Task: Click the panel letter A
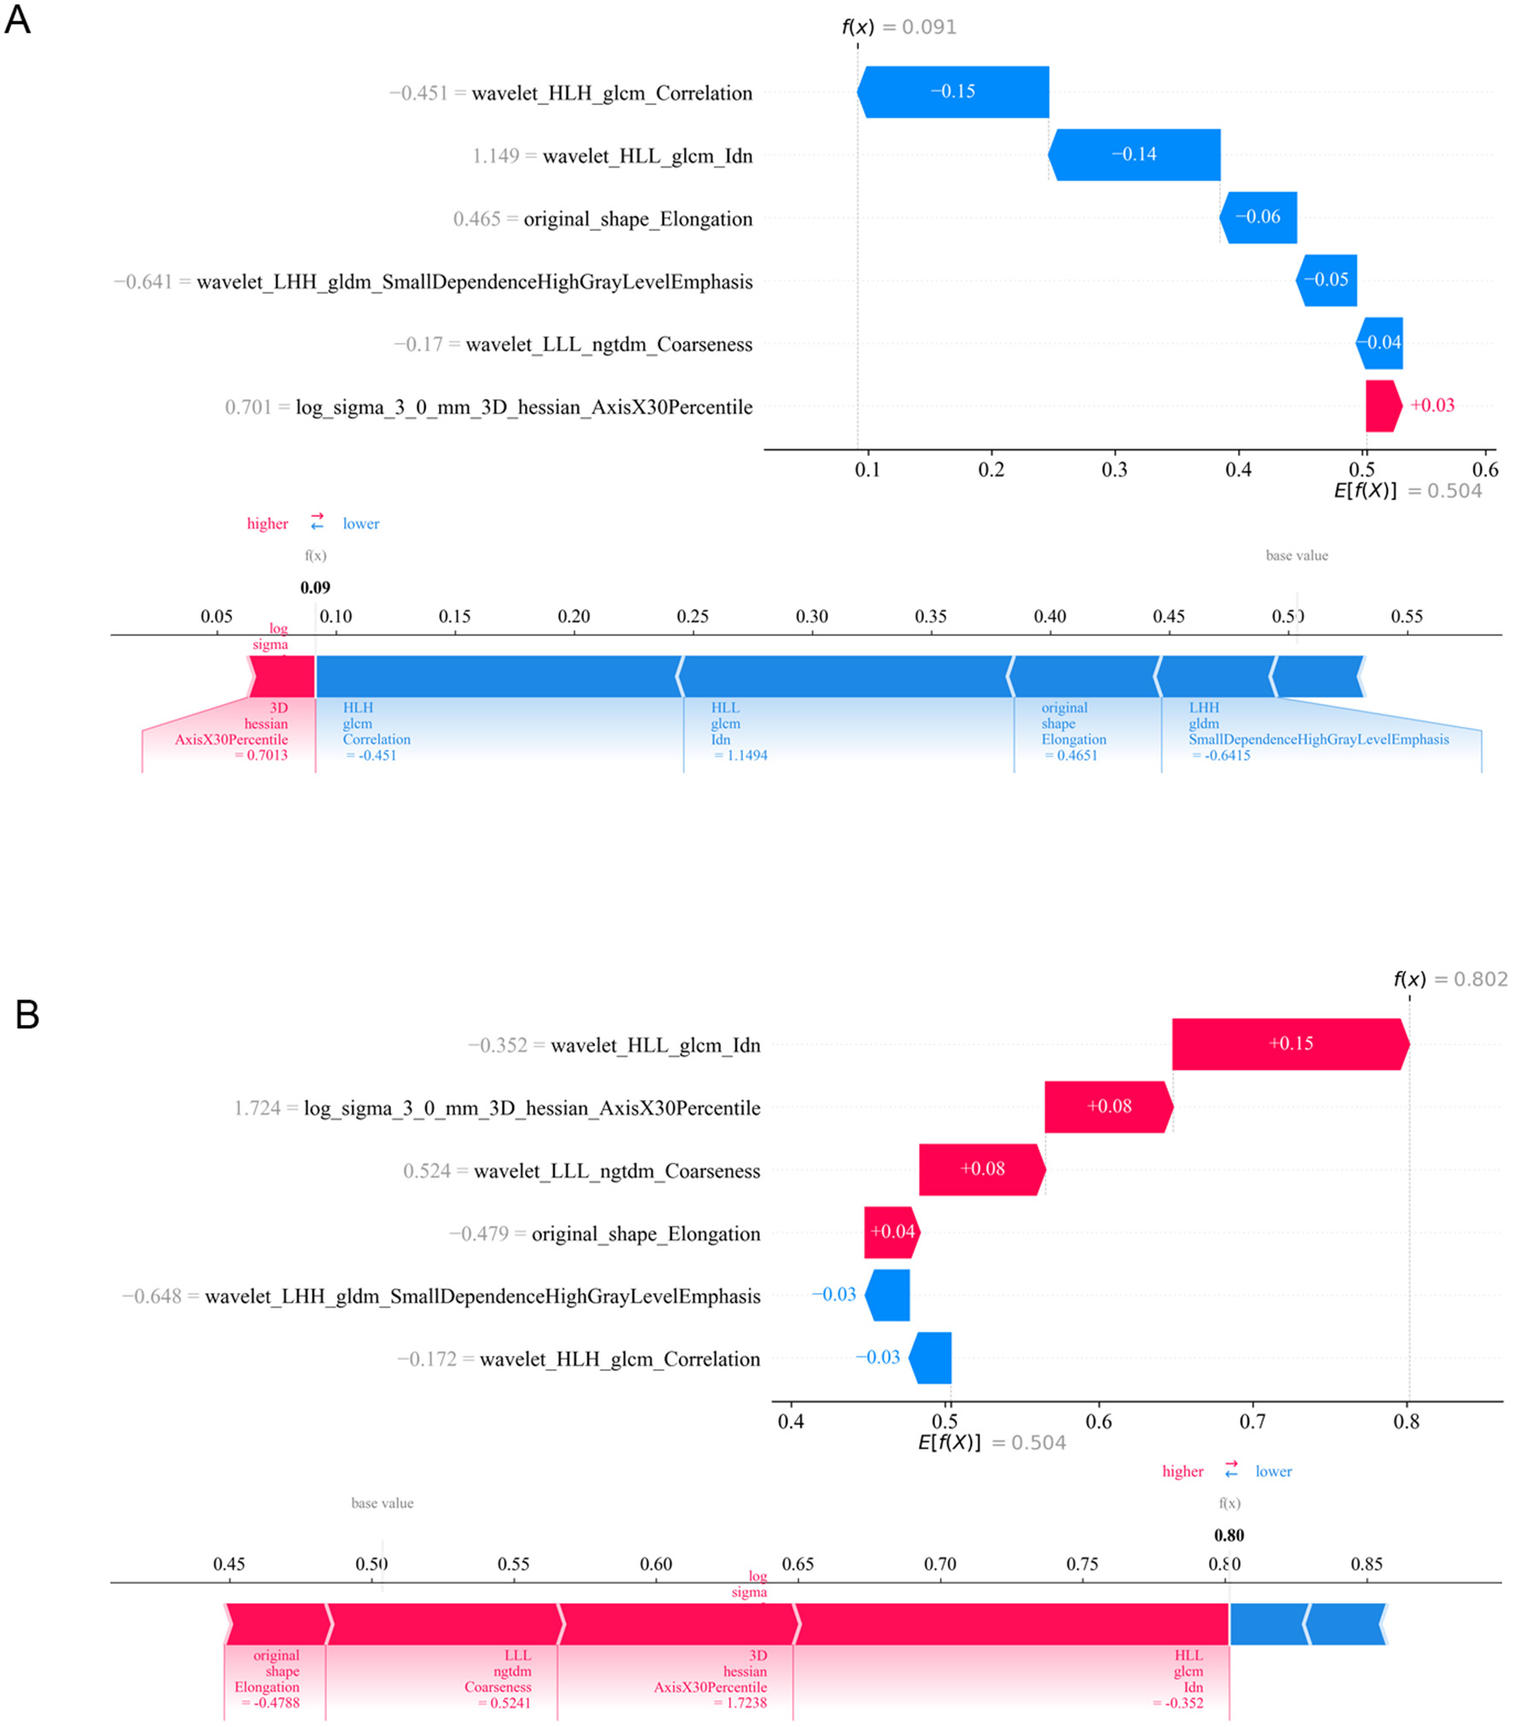17,20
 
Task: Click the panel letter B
26,1014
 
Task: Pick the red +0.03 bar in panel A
1381,406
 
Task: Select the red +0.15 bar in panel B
1288,1043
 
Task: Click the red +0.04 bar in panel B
891,1231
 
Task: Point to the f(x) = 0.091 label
898,27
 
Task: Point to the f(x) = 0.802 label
1449,979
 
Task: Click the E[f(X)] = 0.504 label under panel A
1406,490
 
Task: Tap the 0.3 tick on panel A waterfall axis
1113,469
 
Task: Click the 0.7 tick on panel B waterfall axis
1252,1421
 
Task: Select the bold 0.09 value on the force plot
315,587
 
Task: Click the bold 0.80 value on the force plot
1228,1535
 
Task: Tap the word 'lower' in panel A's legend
360,524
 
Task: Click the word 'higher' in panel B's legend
1182,1471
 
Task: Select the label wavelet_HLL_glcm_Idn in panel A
647,155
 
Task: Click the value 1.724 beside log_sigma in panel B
257,1108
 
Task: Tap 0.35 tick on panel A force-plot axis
930,616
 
